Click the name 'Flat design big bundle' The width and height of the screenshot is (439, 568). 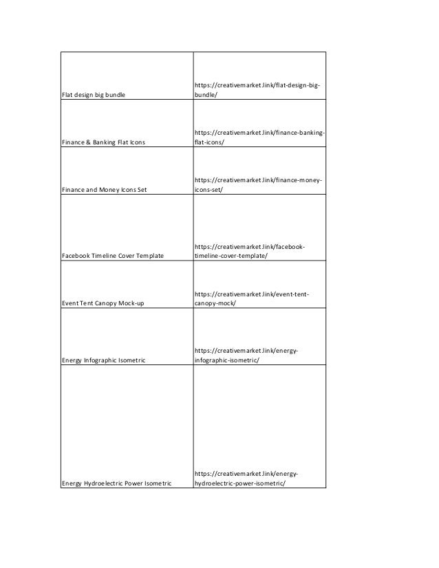(x=94, y=94)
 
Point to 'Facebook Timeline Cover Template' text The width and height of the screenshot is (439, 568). (x=113, y=256)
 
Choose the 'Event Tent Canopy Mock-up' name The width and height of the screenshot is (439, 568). (x=103, y=303)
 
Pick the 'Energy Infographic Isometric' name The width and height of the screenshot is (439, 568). (x=104, y=360)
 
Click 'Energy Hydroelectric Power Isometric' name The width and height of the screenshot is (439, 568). (x=116, y=483)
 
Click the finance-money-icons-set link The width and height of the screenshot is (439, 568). (x=259, y=184)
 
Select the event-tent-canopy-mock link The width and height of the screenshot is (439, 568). (x=252, y=298)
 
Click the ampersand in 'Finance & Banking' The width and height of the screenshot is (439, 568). (x=87, y=142)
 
